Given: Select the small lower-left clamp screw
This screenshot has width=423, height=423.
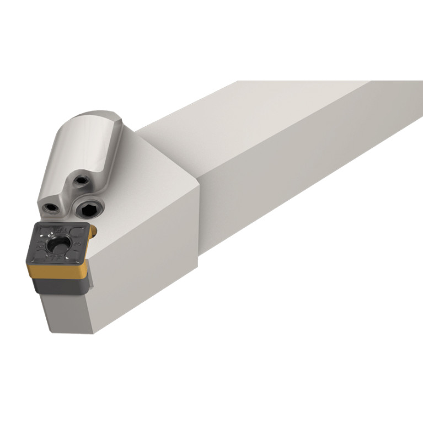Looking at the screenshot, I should pos(51,208).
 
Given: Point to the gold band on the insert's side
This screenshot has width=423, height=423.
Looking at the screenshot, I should pos(55,272).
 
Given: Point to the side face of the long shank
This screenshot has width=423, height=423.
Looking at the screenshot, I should pos(309,182).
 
